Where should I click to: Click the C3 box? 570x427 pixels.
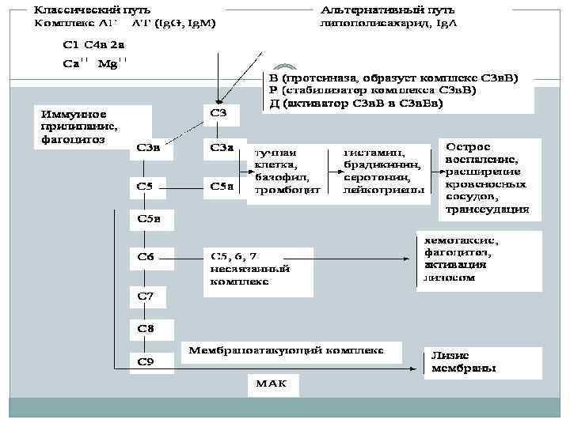tap(220, 115)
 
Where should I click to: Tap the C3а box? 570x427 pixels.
tap(220, 148)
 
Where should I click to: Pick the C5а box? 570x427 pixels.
tap(221, 188)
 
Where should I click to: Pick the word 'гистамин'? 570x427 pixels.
tap(374, 152)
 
